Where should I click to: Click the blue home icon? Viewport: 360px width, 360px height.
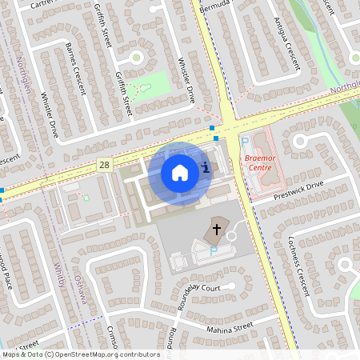(x=180, y=171)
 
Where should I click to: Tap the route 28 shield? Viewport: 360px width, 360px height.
(x=105, y=164)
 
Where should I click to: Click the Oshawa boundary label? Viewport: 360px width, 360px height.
(x=78, y=286)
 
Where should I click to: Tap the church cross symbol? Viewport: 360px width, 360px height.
(x=216, y=229)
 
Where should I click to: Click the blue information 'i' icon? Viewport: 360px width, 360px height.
(x=206, y=167)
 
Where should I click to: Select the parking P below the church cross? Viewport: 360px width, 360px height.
(x=214, y=251)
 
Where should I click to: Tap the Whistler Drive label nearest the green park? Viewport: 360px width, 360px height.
(x=186, y=79)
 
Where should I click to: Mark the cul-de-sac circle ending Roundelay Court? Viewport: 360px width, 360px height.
(x=231, y=285)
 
